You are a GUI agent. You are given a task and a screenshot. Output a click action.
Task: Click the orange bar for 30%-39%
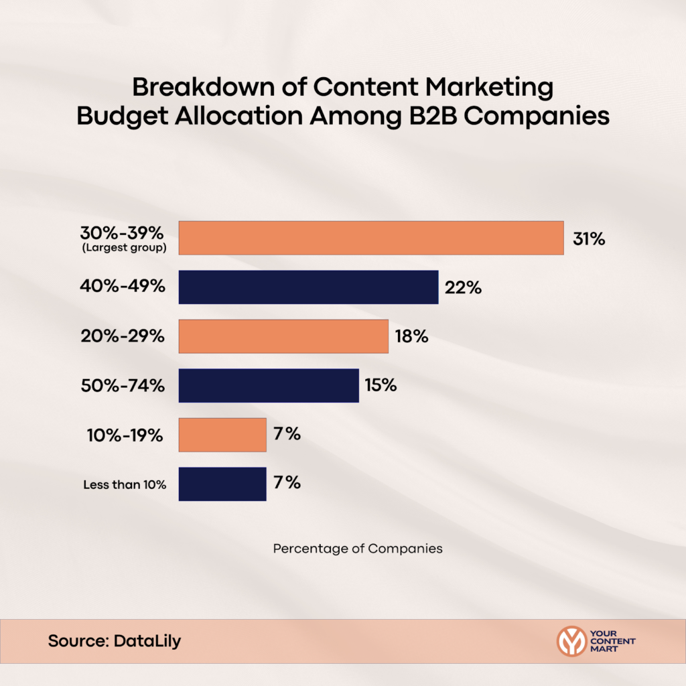click(371, 238)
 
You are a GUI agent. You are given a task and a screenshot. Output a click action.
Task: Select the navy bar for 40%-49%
click(308, 287)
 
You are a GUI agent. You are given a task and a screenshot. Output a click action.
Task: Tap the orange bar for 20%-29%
click(283, 336)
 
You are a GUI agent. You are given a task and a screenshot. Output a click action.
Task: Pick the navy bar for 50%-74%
click(269, 385)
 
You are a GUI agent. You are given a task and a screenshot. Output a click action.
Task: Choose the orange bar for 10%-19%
click(222, 435)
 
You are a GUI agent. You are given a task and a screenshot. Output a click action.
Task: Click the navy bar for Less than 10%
click(222, 484)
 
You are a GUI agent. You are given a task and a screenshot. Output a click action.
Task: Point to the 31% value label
click(589, 238)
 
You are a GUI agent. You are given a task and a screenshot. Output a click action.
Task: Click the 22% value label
click(463, 288)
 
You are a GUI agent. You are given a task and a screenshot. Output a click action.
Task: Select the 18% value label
click(411, 337)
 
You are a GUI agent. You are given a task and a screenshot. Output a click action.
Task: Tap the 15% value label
click(381, 386)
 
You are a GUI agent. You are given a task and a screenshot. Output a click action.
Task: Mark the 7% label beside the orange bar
click(287, 435)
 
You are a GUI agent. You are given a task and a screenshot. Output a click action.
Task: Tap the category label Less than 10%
click(125, 484)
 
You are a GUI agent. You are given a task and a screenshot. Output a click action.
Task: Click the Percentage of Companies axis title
click(358, 549)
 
